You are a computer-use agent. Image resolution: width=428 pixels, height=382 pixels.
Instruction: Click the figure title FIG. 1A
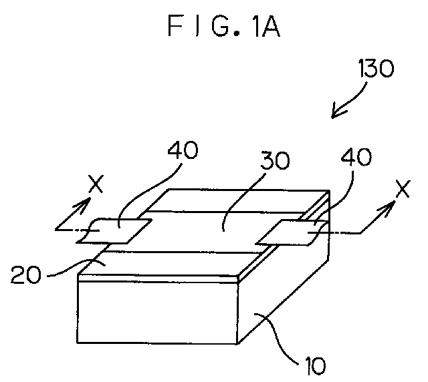tap(224, 26)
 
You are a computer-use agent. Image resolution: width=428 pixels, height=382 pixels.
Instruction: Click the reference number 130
tap(376, 68)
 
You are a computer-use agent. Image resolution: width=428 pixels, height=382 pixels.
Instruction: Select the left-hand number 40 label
tap(183, 150)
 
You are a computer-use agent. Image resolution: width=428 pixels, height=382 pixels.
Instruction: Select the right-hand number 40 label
tap(356, 157)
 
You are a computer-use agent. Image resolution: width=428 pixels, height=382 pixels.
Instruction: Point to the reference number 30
tap(275, 160)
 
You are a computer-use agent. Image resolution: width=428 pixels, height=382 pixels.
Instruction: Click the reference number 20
tap(26, 275)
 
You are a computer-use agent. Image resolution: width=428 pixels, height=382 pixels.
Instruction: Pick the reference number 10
tap(315, 365)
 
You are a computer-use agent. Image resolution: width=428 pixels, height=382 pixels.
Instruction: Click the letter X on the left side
tap(96, 184)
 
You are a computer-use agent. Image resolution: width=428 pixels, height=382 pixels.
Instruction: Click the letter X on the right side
tap(403, 189)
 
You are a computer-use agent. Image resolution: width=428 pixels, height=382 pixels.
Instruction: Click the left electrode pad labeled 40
tap(114, 230)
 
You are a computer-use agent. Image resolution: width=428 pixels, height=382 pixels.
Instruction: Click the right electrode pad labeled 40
tap(292, 232)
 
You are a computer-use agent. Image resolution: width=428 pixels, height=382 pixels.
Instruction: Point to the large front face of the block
tap(158, 312)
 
